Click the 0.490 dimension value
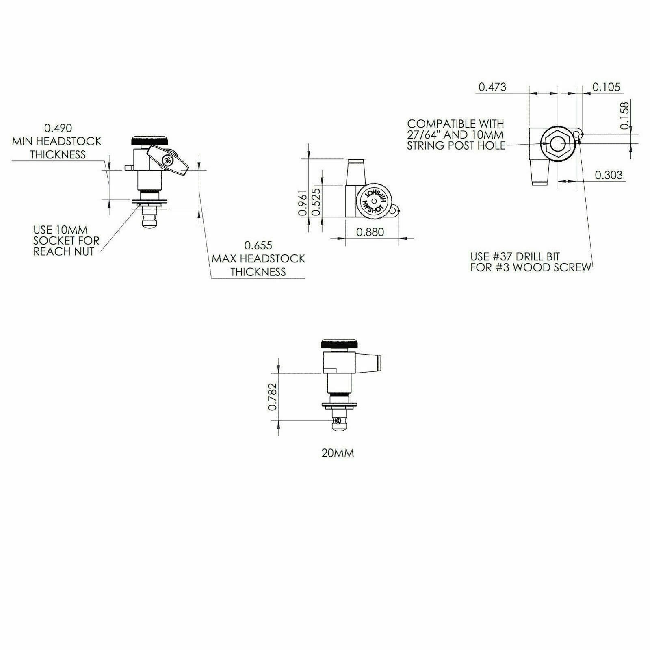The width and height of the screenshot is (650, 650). (58, 128)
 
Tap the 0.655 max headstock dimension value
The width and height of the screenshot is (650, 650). (258, 245)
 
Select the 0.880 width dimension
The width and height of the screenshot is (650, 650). (370, 232)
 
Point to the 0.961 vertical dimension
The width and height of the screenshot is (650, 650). (302, 202)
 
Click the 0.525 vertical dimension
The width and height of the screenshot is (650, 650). (317, 202)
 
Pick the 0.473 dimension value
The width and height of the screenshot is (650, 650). (492, 87)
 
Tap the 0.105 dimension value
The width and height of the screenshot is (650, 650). (606, 87)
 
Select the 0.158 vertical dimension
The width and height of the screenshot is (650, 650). (624, 116)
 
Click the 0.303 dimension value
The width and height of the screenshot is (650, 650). (608, 175)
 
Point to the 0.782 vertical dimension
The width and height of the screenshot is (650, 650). (273, 396)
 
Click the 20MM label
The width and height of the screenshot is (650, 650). (338, 453)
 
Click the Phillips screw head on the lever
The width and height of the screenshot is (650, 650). (167, 160)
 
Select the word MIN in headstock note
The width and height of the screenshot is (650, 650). (20, 141)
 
